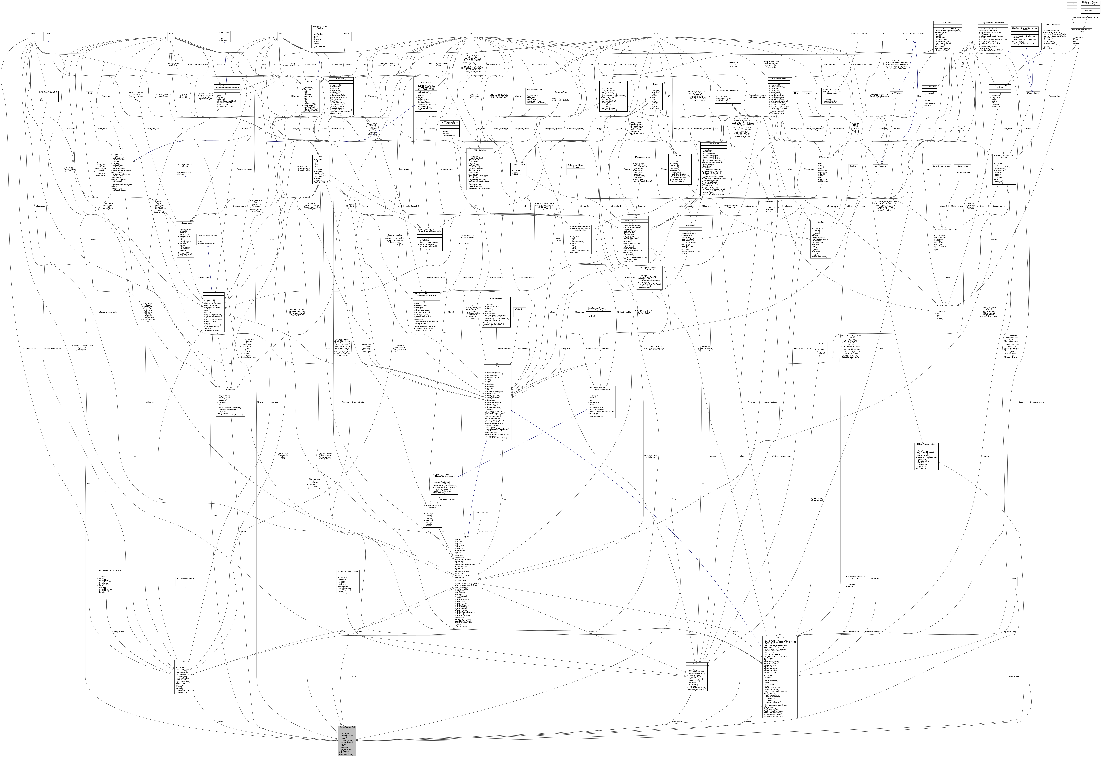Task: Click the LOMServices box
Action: pyautogui.click(x=520, y=309)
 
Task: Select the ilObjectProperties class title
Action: pyautogui.click(x=496, y=298)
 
